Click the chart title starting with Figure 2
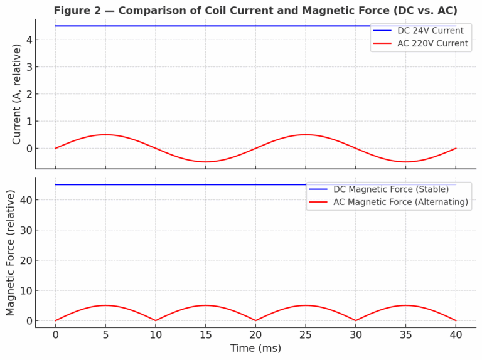(255, 11)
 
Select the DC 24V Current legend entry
(430, 31)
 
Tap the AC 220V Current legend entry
(432, 44)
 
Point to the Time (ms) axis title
(255, 348)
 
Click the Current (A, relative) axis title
(17, 94)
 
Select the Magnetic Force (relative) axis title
(11, 253)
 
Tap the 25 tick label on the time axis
(306, 335)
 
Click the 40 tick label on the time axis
(456, 335)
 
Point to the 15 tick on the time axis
(205, 335)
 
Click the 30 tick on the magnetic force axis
(25, 230)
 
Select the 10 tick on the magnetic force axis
(25, 290)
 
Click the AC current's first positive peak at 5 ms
(105, 135)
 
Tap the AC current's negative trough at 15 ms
(205, 162)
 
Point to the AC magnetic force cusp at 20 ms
(255, 320)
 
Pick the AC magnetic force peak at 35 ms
(405, 305)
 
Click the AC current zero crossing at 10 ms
(156, 148)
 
